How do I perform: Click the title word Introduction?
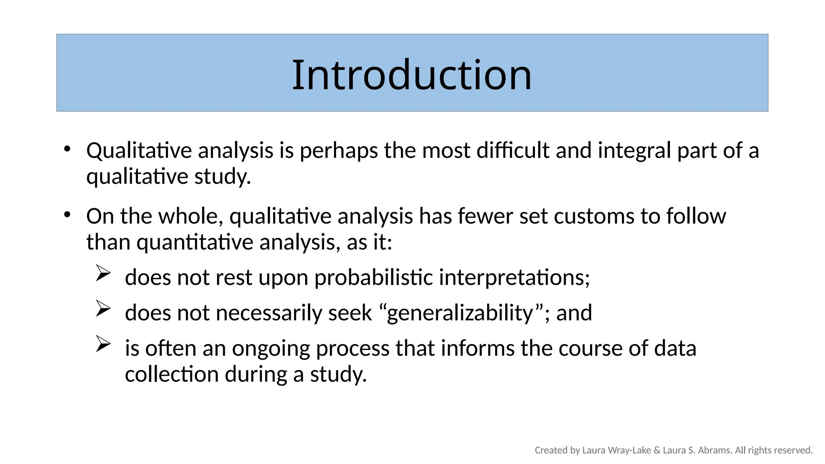pyautogui.click(x=412, y=75)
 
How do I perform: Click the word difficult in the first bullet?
pyautogui.click(x=513, y=151)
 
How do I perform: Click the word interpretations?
pyautogui.click(x=514, y=278)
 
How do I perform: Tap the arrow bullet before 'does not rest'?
pyautogui.click(x=103, y=273)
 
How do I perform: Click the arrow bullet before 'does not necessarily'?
pyautogui.click(x=103, y=309)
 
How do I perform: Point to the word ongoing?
pyautogui.click(x=271, y=348)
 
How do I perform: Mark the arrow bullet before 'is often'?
pyautogui.click(x=103, y=344)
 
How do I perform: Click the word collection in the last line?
pyautogui.click(x=172, y=374)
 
